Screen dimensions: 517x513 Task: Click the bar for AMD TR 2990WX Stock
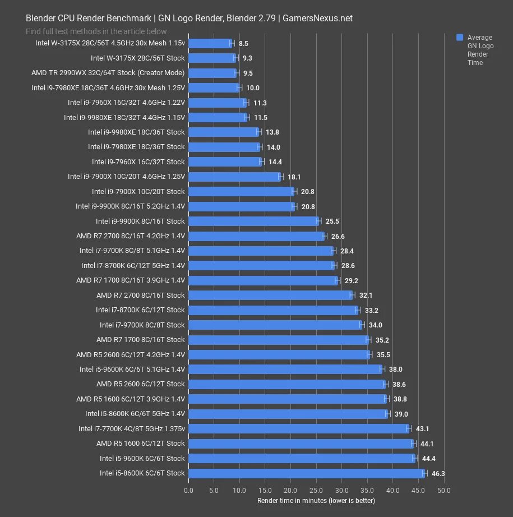tap(212, 73)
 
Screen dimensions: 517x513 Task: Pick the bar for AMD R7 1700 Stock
tap(278, 340)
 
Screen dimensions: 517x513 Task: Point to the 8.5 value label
tap(243, 43)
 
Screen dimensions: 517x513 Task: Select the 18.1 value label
tap(294, 177)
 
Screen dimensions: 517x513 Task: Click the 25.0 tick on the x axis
tap(316, 491)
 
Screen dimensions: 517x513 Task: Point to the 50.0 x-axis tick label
tap(444, 491)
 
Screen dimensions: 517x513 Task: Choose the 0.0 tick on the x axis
tap(189, 491)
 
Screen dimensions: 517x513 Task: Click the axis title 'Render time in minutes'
tap(316, 500)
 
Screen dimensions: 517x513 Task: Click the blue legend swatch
tap(460, 38)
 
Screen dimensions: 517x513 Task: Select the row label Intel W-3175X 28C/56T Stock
tap(137, 58)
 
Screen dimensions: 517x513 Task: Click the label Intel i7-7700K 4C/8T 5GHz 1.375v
tap(131, 429)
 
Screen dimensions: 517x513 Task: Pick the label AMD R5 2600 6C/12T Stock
tap(140, 384)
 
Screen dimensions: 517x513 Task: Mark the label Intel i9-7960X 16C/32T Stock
tap(138, 162)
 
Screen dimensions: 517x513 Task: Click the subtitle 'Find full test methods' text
tap(97, 31)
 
